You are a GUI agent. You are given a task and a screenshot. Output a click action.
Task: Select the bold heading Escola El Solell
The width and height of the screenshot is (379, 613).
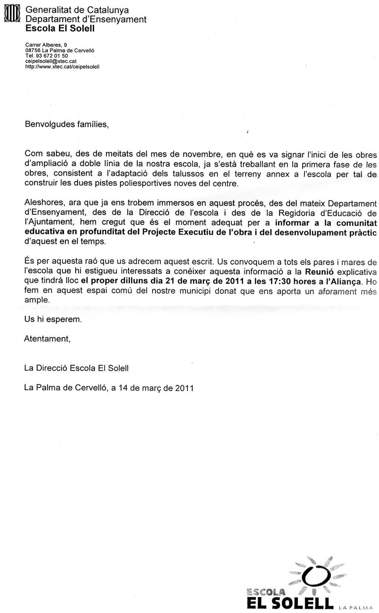coord(60,28)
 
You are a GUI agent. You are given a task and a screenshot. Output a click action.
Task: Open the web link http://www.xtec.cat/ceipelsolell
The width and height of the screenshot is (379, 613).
coord(62,67)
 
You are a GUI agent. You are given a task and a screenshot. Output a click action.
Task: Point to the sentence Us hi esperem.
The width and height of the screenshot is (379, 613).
coord(53,319)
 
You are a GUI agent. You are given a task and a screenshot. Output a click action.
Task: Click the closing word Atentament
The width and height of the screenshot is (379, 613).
coord(47,338)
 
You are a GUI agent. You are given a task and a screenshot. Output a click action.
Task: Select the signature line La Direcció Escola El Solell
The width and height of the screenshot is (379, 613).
coord(76,368)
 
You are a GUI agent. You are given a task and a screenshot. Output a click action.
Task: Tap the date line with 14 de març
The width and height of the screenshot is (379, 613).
coord(109,388)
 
